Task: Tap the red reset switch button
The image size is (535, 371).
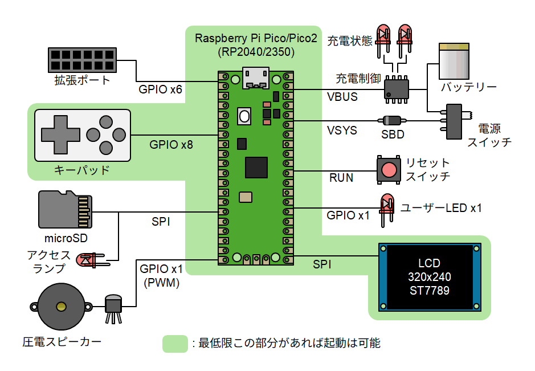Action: (389, 169)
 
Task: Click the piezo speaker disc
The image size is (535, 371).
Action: (60, 307)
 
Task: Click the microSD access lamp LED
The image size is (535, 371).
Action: (89, 259)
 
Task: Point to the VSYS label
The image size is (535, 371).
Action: (342, 131)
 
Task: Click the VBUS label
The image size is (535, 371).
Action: (342, 97)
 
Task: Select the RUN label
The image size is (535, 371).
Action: (341, 178)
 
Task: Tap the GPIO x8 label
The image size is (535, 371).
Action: (171, 145)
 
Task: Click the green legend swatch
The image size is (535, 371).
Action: (175, 343)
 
